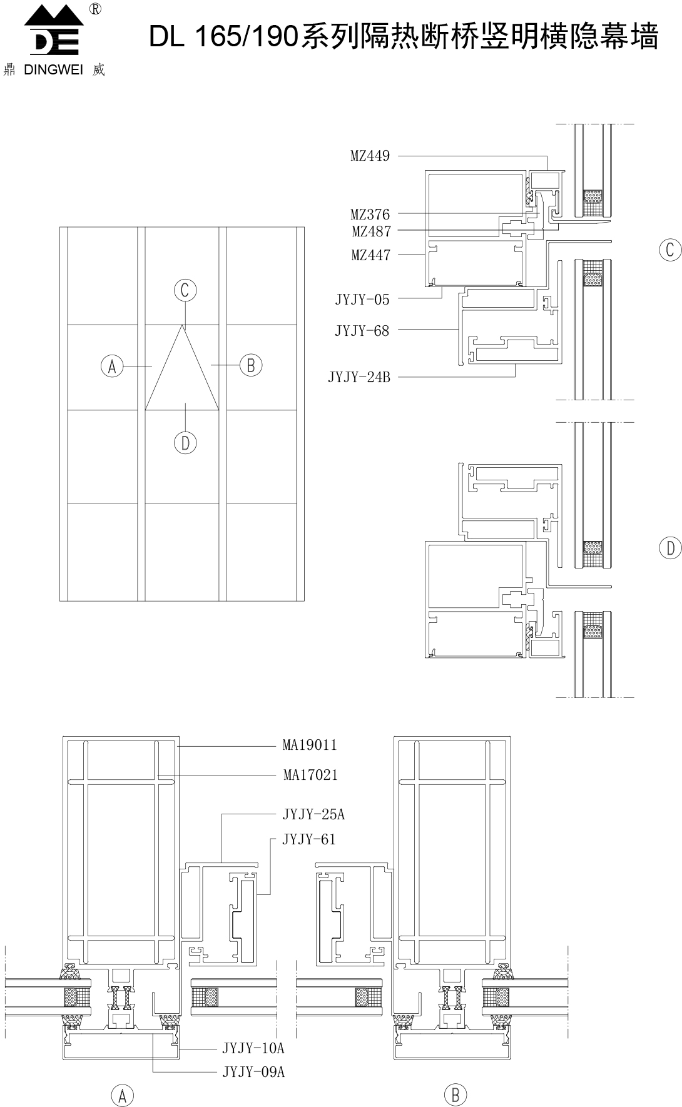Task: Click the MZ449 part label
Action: pyautogui.click(x=370, y=156)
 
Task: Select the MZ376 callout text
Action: pyautogui.click(x=370, y=215)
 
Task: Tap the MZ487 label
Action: pyautogui.click(x=371, y=231)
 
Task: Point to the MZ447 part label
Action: pyautogui.click(x=370, y=255)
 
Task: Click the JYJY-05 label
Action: pyautogui.click(x=362, y=300)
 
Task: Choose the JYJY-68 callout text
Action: pyautogui.click(x=362, y=331)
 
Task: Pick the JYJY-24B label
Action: pyautogui.click(x=359, y=377)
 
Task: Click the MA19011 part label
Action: pyautogui.click(x=310, y=745)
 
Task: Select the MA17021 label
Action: pyautogui.click(x=310, y=775)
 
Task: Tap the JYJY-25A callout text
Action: pyautogui.click(x=313, y=814)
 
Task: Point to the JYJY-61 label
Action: pyautogui.click(x=309, y=839)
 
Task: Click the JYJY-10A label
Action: pyautogui.click(x=253, y=1048)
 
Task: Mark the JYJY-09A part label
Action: pyautogui.click(x=253, y=1072)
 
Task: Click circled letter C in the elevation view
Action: pyautogui.click(x=185, y=290)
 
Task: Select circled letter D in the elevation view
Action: pyautogui.click(x=185, y=443)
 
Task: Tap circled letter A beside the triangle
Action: pyautogui.click(x=113, y=366)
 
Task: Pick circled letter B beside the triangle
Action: pyautogui.click(x=251, y=365)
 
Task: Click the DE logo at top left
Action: pyautogui.click(x=54, y=31)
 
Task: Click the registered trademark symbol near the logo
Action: pyautogui.click(x=95, y=9)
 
